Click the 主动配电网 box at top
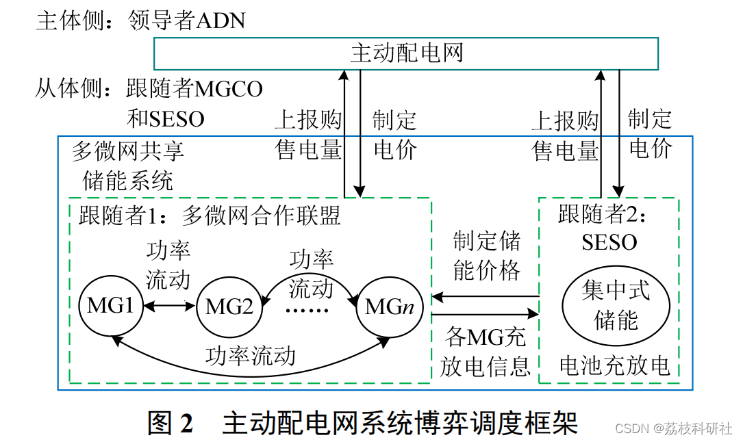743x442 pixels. [x=405, y=53]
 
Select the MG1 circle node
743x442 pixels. [x=110, y=305]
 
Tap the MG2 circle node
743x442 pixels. [x=229, y=307]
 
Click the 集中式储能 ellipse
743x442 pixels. [x=616, y=306]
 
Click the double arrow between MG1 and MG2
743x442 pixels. [x=170, y=306]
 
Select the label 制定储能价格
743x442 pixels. [x=486, y=255]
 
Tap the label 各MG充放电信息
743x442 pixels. [x=486, y=352]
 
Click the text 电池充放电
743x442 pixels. [x=614, y=366]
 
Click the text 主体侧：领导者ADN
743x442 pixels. [x=140, y=21]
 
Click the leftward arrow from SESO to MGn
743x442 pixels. [x=486, y=296]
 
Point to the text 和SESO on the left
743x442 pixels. [x=166, y=119]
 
